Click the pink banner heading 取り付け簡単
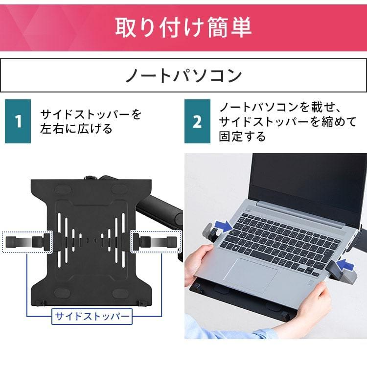pos(183,27)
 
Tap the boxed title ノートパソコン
pos(183,75)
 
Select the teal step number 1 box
pos(18,121)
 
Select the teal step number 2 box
pos(197,121)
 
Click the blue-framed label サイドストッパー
pos(92,317)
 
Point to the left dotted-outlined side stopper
pos(27,242)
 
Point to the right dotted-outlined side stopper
pos(156,241)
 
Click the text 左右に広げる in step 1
pos(76,129)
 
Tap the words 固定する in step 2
pos(242,136)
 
